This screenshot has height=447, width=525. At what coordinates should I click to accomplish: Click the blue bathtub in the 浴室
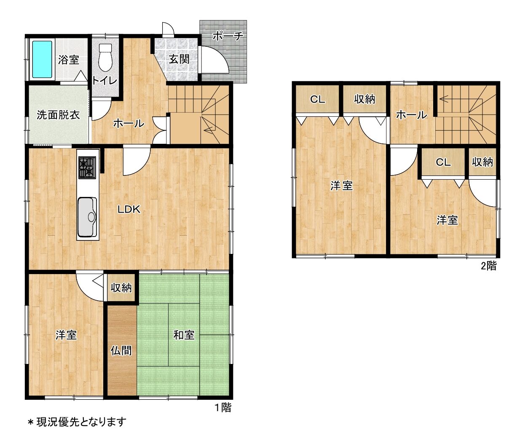click(42, 59)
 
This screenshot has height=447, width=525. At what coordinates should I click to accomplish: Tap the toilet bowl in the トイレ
click(105, 58)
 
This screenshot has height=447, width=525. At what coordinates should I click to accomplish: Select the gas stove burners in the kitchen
click(87, 167)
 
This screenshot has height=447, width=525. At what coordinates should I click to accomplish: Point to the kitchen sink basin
click(87, 217)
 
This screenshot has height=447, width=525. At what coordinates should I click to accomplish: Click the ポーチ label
click(228, 36)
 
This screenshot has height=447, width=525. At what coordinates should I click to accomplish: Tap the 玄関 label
click(179, 60)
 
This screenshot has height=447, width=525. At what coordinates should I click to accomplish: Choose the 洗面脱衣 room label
click(58, 115)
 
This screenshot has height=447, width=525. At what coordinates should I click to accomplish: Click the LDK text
click(129, 209)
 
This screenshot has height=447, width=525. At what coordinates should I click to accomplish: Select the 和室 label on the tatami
click(184, 335)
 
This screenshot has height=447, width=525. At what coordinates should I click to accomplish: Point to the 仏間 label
click(121, 350)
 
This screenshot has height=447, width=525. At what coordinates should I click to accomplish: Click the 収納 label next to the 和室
click(121, 288)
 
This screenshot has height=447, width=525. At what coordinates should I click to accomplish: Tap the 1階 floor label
click(223, 407)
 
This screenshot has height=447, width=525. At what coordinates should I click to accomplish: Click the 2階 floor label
click(489, 266)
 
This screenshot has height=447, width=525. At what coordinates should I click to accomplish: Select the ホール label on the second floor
click(412, 115)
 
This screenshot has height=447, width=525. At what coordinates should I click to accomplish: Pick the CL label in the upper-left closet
click(318, 100)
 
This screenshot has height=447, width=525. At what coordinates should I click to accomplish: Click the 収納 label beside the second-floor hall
click(364, 99)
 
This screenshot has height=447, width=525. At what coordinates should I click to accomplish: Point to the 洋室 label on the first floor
click(66, 335)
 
